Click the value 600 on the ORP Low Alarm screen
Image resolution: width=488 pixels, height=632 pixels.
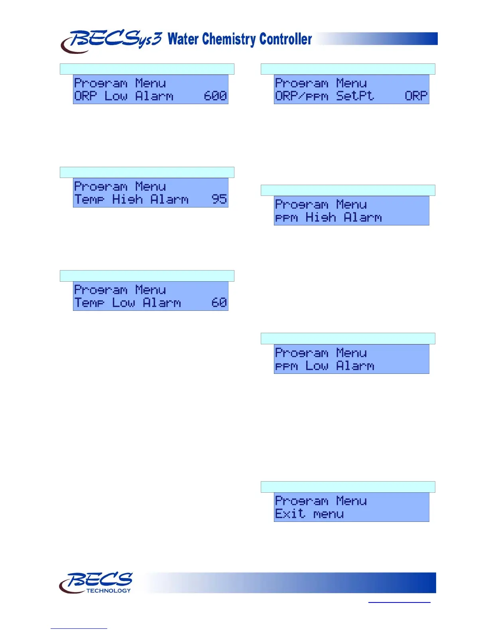coord(215,96)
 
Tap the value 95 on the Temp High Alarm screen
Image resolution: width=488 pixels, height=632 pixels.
coord(219,199)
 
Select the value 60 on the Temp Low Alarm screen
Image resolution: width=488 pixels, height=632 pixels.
coord(219,302)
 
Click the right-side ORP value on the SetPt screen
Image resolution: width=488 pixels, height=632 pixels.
coord(416,96)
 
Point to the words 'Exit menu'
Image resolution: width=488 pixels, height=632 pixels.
coord(309,514)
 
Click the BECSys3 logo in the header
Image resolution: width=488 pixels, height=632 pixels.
coord(112,41)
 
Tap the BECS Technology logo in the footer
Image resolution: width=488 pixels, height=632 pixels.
coord(96,583)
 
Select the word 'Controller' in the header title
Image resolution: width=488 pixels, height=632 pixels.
coord(285,39)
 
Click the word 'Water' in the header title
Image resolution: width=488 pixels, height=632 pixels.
coord(183,39)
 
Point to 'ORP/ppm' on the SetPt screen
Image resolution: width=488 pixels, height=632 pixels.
coord(302,96)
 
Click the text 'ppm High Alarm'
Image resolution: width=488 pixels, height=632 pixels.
coord(328,217)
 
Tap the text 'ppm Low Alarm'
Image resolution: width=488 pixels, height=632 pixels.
coord(325,366)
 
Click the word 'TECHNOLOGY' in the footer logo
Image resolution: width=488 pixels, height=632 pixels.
coord(108,591)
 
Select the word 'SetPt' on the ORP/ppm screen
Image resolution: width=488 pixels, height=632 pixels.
coord(355,96)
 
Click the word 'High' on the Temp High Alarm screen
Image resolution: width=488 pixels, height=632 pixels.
coord(127,199)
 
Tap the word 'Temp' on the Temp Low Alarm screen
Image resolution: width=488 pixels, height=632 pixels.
coord(89,302)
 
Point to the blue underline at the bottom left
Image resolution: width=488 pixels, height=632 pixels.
coord(79,628)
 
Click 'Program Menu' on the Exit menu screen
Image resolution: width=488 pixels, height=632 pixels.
coord(321,501)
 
